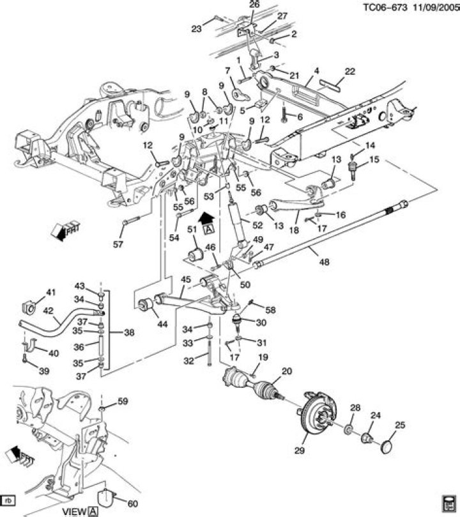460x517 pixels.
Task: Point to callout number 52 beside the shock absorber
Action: point(258,225)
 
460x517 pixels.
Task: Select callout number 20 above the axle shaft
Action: point(286,370)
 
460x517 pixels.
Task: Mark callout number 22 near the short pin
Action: point(349,71)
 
